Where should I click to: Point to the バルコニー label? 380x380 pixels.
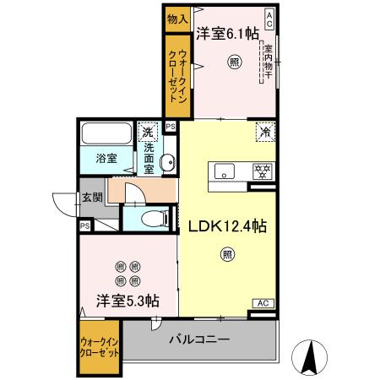coord(200,339)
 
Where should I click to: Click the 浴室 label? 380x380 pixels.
coord(106,158)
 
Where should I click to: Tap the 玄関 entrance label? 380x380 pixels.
coord(92,199)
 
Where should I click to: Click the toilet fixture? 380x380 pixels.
coord(154,219)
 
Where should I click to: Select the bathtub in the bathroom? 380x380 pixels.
coord(106,134)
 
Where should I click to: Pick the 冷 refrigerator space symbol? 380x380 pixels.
coord(265,133)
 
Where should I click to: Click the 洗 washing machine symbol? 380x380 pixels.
coord(148,132)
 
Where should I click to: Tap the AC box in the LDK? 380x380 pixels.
coord(263,303)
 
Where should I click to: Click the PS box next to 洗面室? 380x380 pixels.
coord(171,128)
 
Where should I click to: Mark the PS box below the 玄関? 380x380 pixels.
coord(85,226)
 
